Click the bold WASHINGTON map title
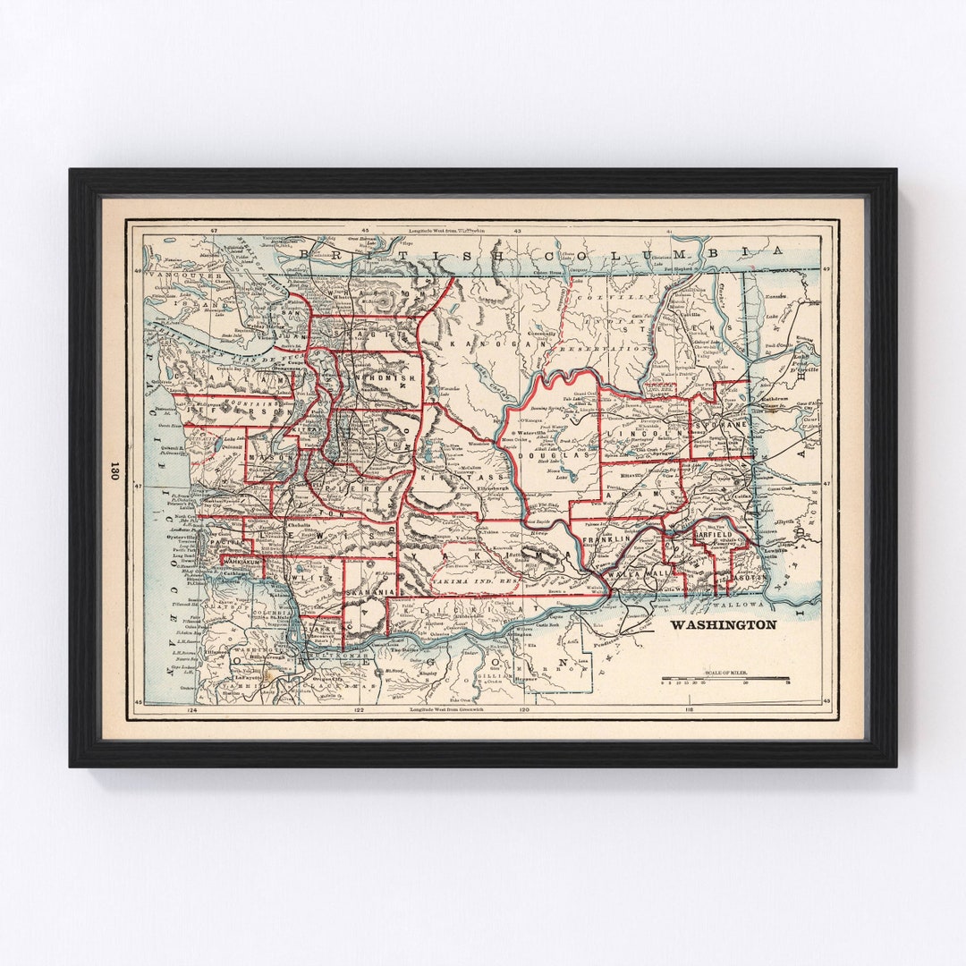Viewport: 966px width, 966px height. point(723,624)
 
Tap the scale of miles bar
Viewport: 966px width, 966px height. point(725,680)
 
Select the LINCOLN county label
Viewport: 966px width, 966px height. point(633,431)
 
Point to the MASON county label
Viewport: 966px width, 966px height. point(266,457)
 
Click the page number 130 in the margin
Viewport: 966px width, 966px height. point(114,471)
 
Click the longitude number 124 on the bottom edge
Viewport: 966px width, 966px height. point(189,711)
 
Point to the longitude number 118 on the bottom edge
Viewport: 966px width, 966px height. point(689,711)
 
